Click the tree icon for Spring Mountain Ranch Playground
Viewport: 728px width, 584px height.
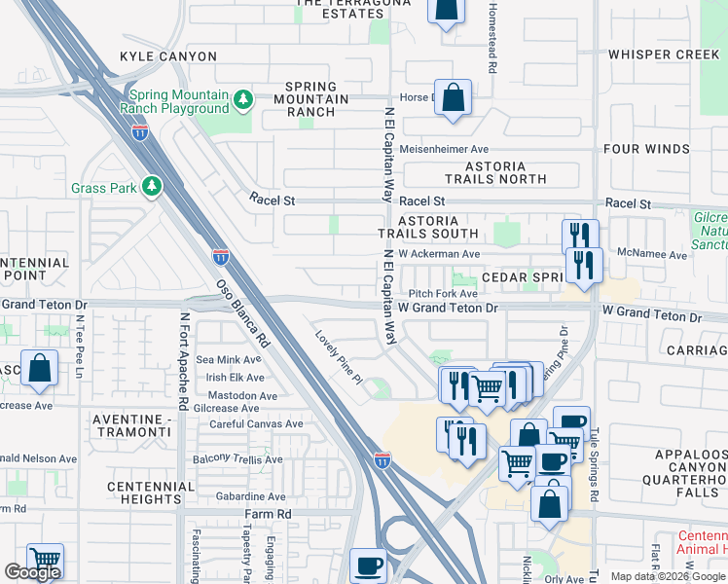point(242,99)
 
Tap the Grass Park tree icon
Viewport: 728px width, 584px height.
point(151,185)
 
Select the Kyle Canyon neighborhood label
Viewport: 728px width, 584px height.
point(168,56)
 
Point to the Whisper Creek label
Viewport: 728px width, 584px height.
point(664,55)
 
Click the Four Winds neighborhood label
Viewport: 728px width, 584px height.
point(663,149)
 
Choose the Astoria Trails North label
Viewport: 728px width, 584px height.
point(496,172)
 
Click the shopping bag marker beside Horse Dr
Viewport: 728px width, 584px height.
point(453,98)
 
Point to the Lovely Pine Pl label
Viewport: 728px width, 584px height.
point(338,356)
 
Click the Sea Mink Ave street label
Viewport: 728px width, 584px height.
point(230,360)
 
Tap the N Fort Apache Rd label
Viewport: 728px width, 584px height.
point(183,361)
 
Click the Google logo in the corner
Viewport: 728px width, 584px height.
point(33,572)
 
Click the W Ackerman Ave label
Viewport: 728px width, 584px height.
point(440,254)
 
